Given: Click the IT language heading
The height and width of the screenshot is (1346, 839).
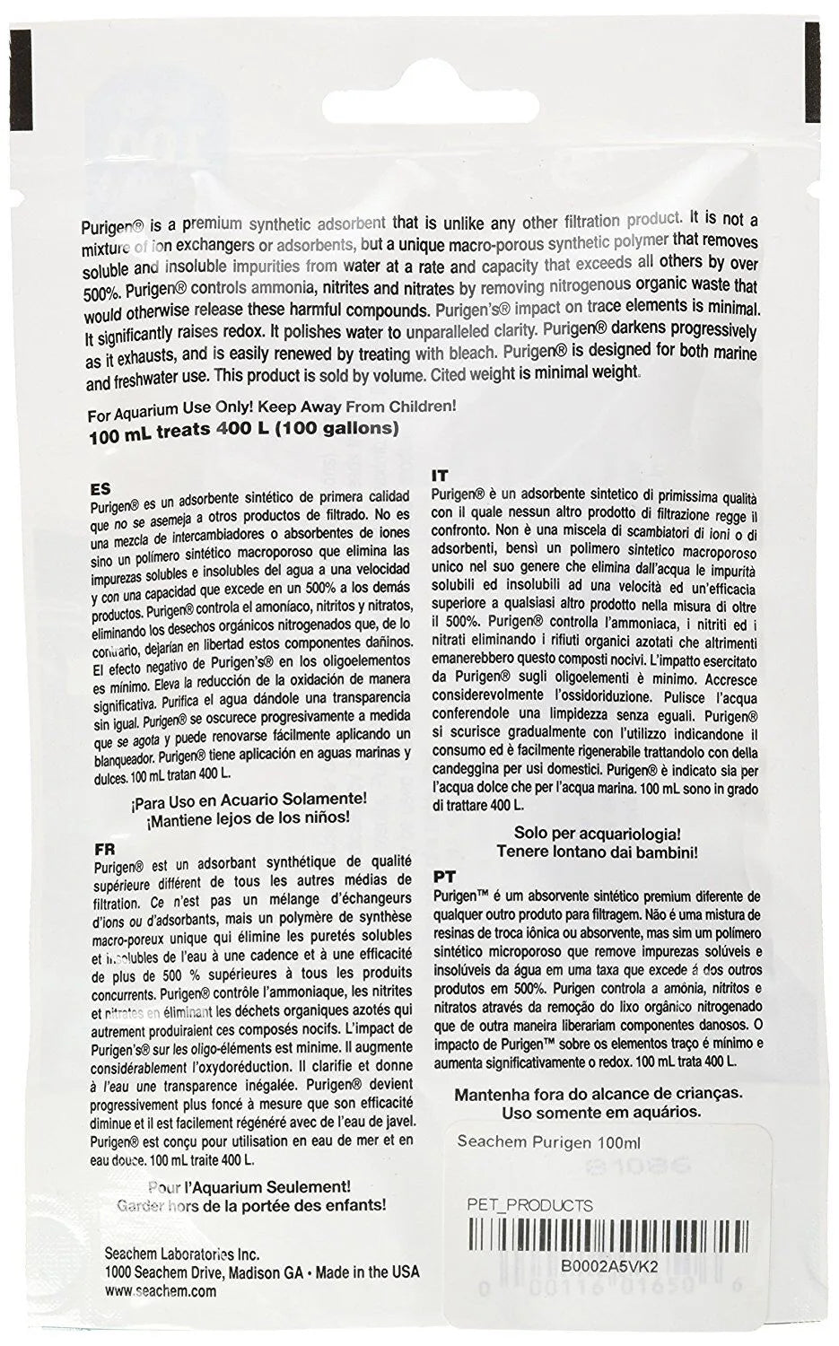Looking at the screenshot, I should (x=440, y=475).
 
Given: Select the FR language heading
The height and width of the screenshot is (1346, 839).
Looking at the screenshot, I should (x=102, y=846).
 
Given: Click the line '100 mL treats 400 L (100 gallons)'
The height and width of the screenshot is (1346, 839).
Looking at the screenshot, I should (x=242, y=429).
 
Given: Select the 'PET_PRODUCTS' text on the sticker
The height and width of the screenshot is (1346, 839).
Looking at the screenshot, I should (x=530, y=1204).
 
